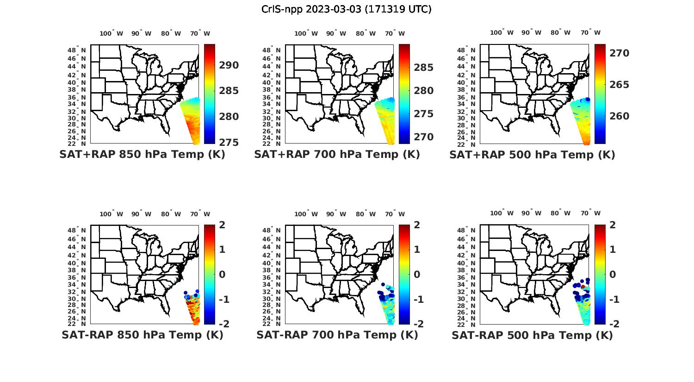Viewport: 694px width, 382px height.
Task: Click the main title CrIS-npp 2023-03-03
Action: [346, 9]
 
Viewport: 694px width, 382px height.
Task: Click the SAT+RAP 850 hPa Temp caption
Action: [142, 155]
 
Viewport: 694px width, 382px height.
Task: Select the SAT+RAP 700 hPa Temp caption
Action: [337, 155]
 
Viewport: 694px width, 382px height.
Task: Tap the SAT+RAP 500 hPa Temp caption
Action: [532, 155]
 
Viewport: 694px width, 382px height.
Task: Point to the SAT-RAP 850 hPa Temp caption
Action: [142, 335]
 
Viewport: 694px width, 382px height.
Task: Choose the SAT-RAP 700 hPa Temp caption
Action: [337, 335]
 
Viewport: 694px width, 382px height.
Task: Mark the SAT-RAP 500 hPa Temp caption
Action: [532, 335]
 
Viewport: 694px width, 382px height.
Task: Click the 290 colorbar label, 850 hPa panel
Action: [229, 65]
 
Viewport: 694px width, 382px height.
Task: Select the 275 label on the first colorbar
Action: [229, 142]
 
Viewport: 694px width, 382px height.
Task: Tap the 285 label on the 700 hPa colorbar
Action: [423, 68]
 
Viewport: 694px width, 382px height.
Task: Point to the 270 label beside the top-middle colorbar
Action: [423, 137]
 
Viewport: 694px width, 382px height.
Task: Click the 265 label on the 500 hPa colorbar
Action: [619, 85]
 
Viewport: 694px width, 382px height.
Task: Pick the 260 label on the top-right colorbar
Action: [619, 116]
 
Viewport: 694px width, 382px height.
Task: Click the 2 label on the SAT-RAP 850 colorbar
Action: [223, 225]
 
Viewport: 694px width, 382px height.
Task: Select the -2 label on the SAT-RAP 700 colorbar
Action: [415, 324]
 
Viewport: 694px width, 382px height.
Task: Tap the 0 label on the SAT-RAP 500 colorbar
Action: [613, 275]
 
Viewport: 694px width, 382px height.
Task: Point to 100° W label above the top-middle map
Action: [306, 33]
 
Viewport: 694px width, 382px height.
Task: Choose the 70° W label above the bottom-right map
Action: [590, 213]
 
